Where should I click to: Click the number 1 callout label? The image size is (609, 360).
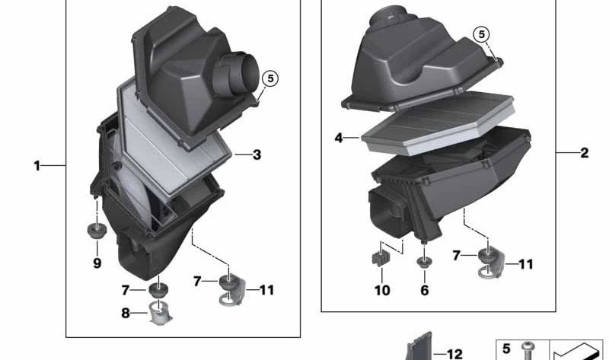pyautogui.click(x=37, y=165)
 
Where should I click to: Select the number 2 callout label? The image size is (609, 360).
pyautogui.click(x=584, y=153)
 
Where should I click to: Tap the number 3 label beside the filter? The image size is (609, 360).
pyautogui.click(x=257, y=155)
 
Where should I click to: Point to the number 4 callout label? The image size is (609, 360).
pyautogui.click(x=338, y=139)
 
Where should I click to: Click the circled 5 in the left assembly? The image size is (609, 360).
pyautogui.click(x=269, y=78)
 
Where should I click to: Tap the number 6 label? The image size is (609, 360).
pyautogui.click(x=424, y=290)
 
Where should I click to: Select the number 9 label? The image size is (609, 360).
pyautogui.click(x=97, y=263)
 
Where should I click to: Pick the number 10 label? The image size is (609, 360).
pyautogui.click(x=381, y=290)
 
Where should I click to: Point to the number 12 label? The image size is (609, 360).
pyautogui.click(x=454, y=354)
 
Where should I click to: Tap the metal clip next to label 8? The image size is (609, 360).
pyautogui.click(x=158, y=311)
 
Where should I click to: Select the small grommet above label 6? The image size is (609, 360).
pyautogui.click(x=423, y=263)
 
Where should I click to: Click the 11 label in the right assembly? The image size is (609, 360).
pyautogui.click(x=525, y=264)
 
